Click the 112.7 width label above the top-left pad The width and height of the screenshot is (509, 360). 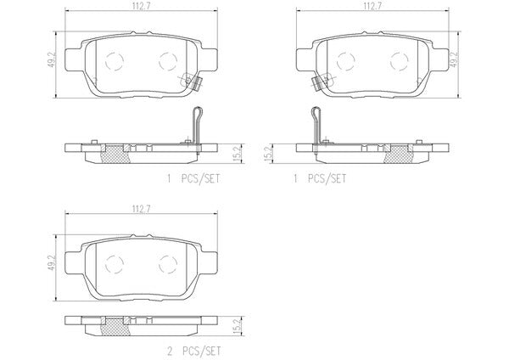pyautogui.click(x=141, y=6)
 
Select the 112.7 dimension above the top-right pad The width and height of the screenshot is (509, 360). pyautogui.click(x=372, y=6)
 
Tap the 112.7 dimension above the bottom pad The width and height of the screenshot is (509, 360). pyautogui.click(x=141, y=209)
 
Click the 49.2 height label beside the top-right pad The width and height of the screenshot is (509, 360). pyautogui.click(x=454, y=58)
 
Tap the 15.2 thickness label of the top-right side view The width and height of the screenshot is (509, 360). pyautogui.click(x=268, y=153)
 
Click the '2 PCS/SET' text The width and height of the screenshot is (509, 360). pyautogui.click(x=193, y=351)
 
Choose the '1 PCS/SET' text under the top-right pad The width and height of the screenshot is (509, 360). pyautogui.click(x=320, y=178)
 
